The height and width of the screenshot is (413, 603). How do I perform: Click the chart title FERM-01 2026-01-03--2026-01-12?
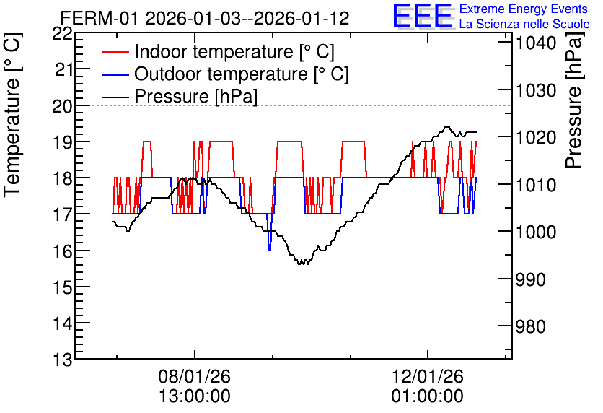point(205,18)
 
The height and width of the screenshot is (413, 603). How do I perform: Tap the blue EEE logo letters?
point(422,15)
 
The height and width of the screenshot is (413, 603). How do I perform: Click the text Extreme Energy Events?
point(524,9)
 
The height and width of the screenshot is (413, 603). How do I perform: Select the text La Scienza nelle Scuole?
point(524,25)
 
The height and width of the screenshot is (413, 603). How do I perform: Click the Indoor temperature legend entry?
point(218,51)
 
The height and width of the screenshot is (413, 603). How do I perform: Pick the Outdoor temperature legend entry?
point(225,74)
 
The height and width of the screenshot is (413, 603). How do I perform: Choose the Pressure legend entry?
point(180,96)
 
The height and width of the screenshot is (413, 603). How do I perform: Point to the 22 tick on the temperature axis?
point(62,35)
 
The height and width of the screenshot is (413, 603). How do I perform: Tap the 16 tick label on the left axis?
point(62,252)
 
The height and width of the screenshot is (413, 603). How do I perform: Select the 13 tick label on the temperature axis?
point(62,361)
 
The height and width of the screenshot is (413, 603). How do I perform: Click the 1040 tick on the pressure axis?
point(536,43)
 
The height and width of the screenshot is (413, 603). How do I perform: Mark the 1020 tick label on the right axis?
point(536,137)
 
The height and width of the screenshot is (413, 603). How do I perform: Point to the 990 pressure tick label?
point(530,279)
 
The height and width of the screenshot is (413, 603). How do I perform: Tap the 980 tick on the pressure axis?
point(530,327)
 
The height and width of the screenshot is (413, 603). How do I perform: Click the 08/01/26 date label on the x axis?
point(195,376)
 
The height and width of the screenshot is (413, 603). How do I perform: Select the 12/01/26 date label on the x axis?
point(428,376)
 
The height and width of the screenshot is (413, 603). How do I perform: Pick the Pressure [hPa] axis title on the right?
point(574,100)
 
